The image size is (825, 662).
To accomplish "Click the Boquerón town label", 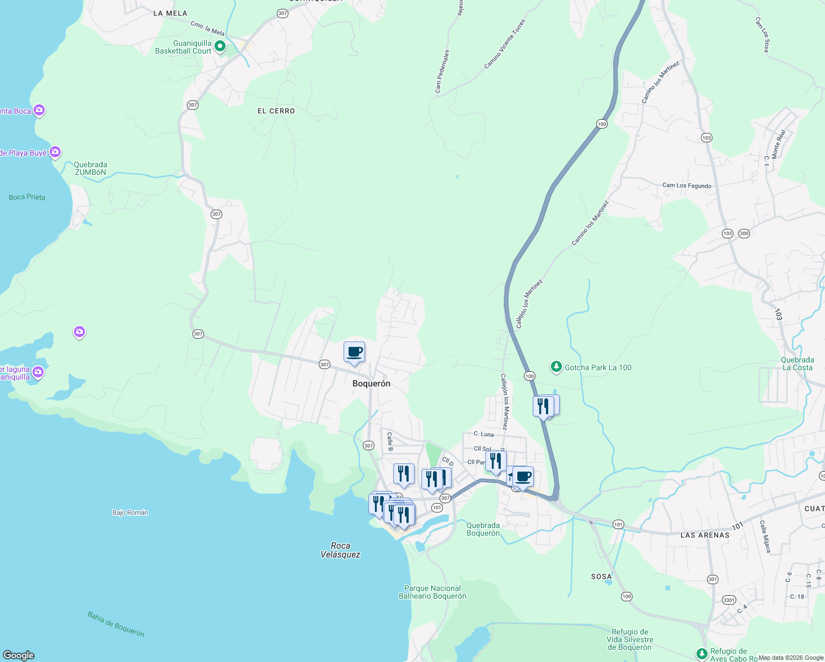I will (371, 383).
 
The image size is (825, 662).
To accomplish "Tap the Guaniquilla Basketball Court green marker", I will (220, 46).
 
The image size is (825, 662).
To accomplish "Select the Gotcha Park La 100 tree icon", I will (556, 367).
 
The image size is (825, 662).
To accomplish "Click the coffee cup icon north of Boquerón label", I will (354, 352).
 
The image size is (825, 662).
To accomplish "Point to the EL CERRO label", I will (276, 111).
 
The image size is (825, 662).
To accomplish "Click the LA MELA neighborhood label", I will (170, 13).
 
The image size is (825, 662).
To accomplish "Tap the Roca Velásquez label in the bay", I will (340, 550).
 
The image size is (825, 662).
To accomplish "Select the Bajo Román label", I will (130, 512).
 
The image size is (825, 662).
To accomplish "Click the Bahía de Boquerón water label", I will (116, 624).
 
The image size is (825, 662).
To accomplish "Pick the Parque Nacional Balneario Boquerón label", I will (432, 592).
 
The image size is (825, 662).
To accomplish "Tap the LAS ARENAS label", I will (705, 535).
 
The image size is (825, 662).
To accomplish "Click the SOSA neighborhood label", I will (601, 576).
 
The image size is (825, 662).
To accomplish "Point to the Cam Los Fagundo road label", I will (687, 186).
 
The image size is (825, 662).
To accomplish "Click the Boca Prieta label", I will (27, 197).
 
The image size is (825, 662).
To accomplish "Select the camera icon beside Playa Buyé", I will (55, 152).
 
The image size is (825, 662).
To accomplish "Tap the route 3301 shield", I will (729, 600).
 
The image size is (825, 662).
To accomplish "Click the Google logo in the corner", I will (19, 655).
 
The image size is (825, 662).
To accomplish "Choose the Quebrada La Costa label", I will (797, 364).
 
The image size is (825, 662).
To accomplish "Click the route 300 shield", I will (744, 233).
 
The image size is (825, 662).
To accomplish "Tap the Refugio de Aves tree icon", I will (701, 654).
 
